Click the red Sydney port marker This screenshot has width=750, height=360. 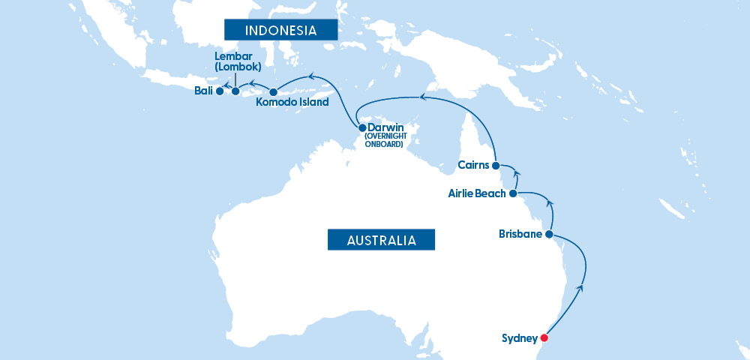[x=544, y=338]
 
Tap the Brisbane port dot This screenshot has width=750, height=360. [x=548, y=235]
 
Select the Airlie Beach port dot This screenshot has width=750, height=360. [x=513, y=193]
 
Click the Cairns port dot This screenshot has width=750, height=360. [x=496, y=165]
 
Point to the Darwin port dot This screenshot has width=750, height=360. [x=362, y=127]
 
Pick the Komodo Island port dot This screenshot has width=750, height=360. [x=274, y=92]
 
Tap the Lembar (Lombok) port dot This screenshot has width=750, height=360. [x=235, y=92]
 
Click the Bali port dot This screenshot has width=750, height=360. [x=219, y=92]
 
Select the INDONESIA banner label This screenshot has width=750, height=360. [x=280, y=31]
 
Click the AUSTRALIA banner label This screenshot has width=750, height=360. [x=381, y=240]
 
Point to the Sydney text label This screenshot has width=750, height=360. [x=520, y=338]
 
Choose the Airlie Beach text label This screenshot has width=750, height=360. [x=476, y=193]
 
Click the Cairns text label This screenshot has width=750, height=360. [x=473, y=165]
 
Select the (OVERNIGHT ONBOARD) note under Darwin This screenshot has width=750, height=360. [x=384, y=140]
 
